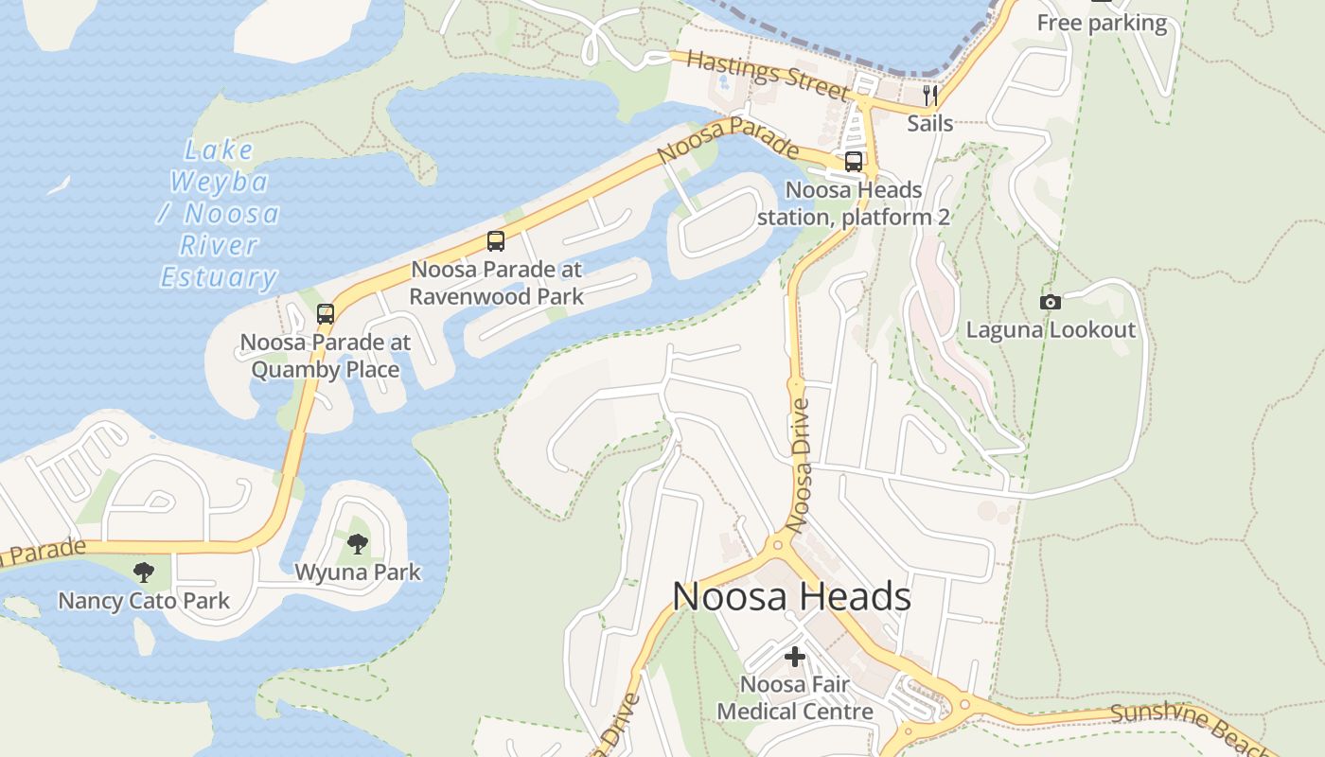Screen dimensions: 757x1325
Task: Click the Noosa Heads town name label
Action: click(791, 597)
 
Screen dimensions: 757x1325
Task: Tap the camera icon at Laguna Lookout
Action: click(1050, 302)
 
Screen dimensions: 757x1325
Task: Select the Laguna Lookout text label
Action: click(1050, 330)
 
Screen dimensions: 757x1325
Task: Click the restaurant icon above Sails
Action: click(930, 95)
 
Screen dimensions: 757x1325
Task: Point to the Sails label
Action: click(930, 123)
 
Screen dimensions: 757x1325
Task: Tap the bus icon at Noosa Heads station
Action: click(853, 162)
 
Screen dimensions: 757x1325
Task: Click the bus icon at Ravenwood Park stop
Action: click(496, 240)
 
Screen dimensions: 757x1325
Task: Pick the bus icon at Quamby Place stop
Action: click(326, 313)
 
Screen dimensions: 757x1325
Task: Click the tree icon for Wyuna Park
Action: click(358, 543)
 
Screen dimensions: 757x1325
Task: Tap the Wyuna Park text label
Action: click(358, 572)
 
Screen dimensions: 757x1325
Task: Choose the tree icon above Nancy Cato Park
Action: click(144, 572)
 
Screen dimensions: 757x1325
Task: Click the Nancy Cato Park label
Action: click(144, 601)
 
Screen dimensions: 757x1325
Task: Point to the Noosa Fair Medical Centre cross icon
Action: click(795, 656)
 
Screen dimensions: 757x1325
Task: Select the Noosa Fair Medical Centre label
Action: click(795, 697)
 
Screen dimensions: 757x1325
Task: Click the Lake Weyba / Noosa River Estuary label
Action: click(219, 214)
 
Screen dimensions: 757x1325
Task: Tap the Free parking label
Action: click(1102, 23)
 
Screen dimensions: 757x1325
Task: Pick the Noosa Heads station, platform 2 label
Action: click(853, 203)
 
